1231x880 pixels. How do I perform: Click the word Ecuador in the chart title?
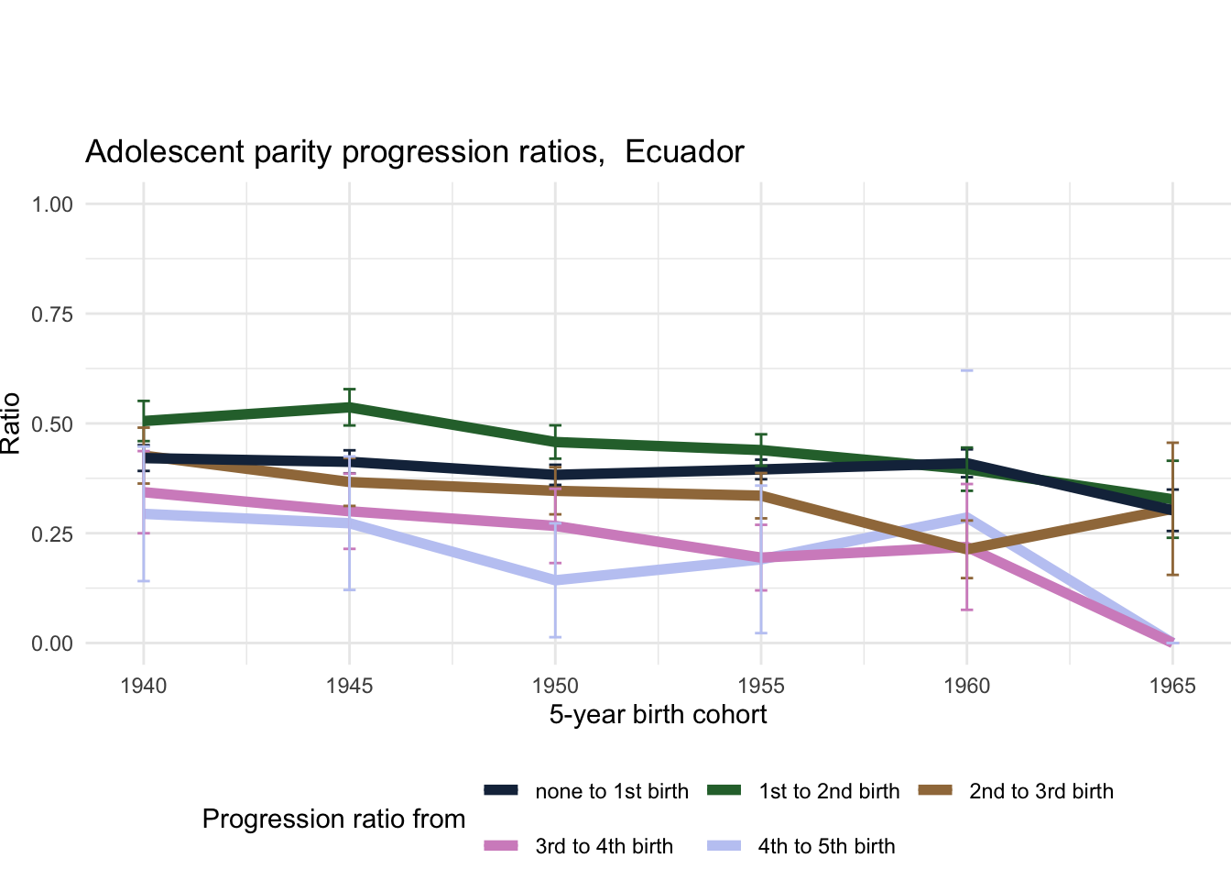(684, 151)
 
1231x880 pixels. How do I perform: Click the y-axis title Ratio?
(11, 423)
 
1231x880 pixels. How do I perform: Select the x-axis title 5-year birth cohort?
(658, 714)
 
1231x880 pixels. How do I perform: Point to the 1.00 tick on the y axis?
(52, 203)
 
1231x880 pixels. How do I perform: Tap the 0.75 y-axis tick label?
(52, 313)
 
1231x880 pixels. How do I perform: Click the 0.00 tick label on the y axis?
(52, 643)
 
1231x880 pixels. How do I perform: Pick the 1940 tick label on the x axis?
(144, 686)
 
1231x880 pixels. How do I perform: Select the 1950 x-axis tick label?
(555, 686)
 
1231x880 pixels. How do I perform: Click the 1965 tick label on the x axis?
(1172, 686)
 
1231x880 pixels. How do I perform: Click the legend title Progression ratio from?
(333, 819)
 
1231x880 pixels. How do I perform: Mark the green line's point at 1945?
(349, 406)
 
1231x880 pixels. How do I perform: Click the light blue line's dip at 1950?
(555, 580)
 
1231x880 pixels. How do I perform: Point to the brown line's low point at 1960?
(967, 549)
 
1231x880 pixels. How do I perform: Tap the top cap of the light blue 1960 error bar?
(967, 370)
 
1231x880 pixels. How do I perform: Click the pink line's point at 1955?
(761, 557)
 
